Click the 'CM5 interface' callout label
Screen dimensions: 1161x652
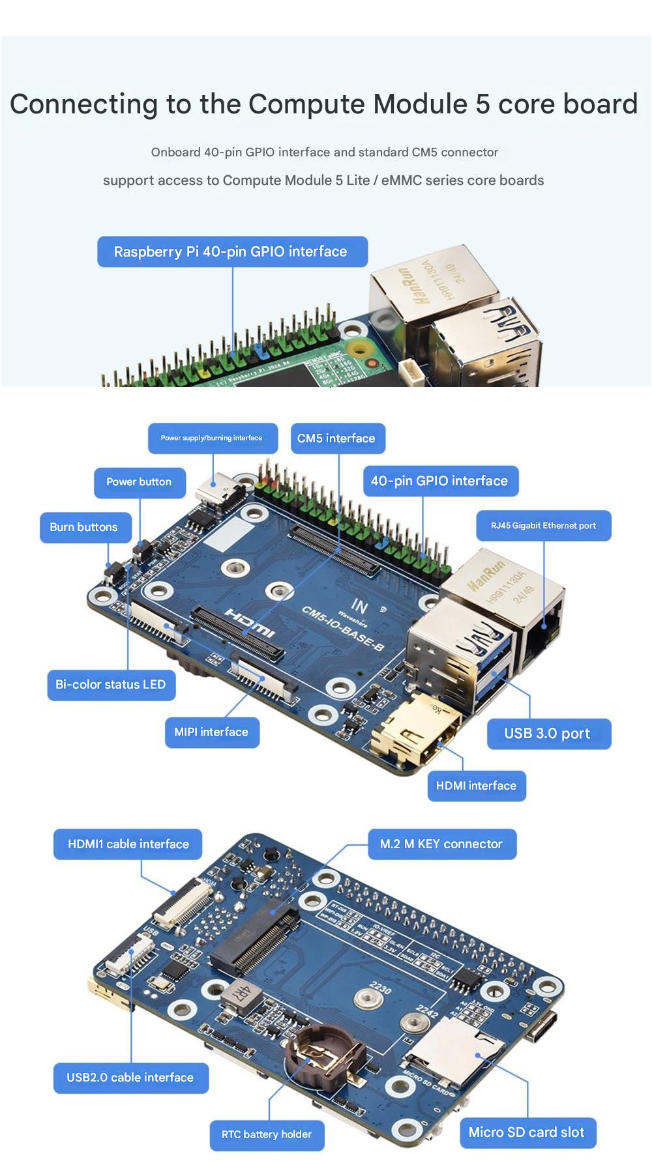[x=336, y=438]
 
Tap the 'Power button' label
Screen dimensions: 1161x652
[x=139, y=482]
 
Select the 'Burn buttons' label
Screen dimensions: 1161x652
[x=84, y=527]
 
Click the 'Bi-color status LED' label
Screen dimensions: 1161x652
[x=111, y=685]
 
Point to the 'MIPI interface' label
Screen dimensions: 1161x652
[x=211, y=732]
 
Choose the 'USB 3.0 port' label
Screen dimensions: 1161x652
[x=547, y=734]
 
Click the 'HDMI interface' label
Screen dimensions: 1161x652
[x=476, y=786]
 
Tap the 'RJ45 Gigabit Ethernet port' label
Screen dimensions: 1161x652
[x=543, y=526]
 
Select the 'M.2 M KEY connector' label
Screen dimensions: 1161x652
[x=441, y=844]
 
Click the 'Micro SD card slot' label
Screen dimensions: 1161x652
[x=526, y=1132]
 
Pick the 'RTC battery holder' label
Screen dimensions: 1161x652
[x=267, y=1134]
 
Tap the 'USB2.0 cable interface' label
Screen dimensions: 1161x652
[x=130, y=1078]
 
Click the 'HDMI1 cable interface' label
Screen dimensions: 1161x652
[x=128, y=844]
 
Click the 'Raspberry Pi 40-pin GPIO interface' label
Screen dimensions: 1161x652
[x=231, y=252]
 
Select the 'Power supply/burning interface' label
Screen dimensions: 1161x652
[x=211, y=438]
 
